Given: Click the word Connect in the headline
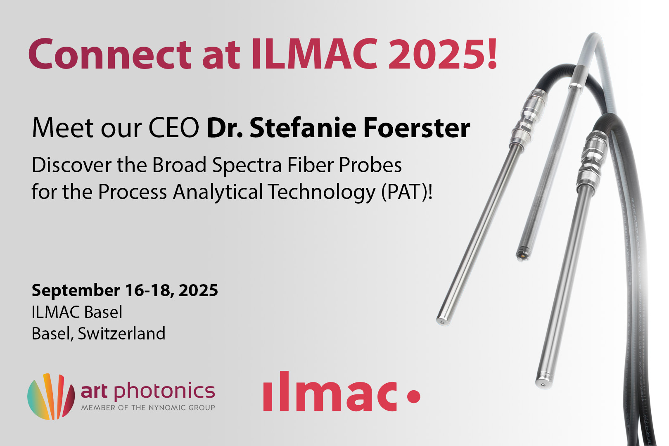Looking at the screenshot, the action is [x=110, y=54].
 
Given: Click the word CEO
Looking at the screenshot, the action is [x=174, y=128].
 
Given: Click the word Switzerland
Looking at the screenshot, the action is [x=121, y=334].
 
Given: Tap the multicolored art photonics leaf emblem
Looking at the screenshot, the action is [x=51, y=396].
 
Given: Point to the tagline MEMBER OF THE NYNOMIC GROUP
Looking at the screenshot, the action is [x=148, y=408].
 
